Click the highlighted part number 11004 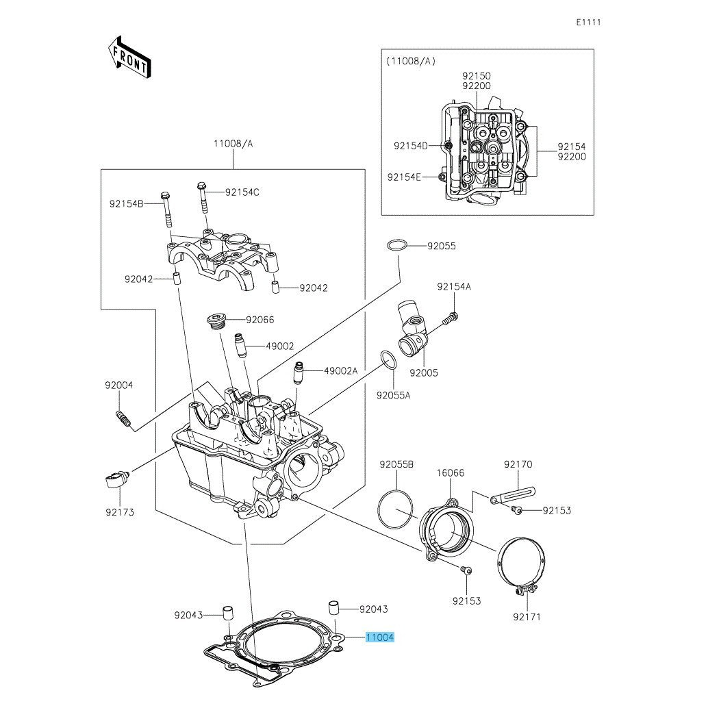point(379,637)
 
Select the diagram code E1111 point(588,22)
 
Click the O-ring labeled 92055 point(398,246)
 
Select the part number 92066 point(260,320)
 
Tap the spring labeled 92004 point(123,417)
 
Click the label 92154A point(454,287)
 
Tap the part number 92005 point(424,373)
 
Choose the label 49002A point(341,370)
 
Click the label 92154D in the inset point(410,146)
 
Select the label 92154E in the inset point(403,177)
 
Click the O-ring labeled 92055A point(388,359)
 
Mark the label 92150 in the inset point(476,76)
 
